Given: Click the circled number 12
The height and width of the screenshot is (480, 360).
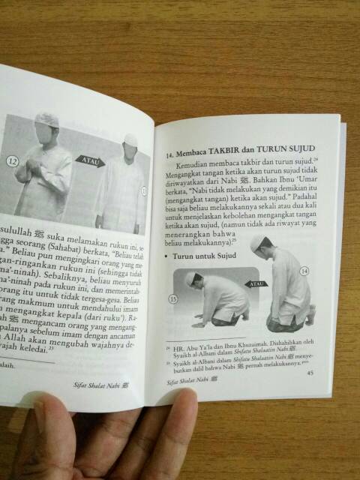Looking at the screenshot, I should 10,160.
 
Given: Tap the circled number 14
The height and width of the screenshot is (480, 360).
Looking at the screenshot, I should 304,291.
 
